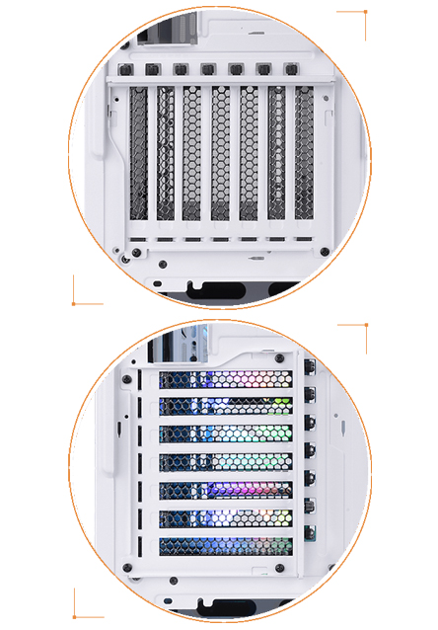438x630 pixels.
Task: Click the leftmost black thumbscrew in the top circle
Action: [126, 71]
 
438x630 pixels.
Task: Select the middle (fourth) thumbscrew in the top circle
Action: [208, 71]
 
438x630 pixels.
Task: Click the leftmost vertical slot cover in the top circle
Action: [138, 153]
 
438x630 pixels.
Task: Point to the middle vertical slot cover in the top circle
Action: [221, 153]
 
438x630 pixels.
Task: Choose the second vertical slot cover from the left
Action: [166, 153]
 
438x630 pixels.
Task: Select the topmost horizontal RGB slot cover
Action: [226, 380]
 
